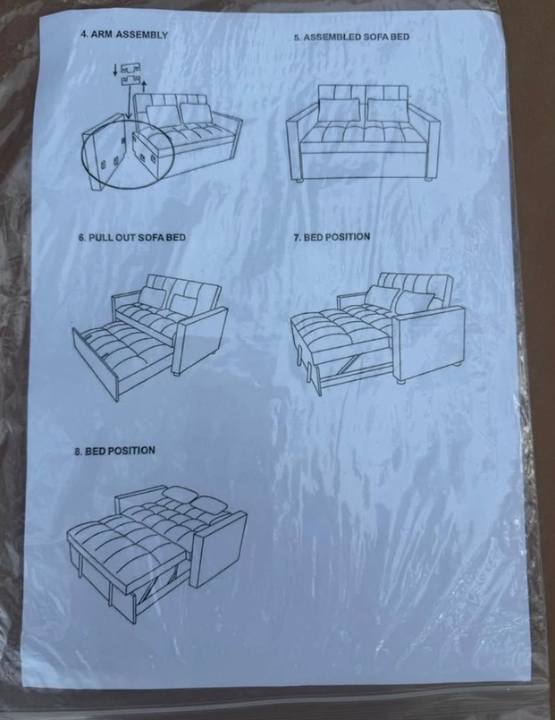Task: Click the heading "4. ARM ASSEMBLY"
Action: click(x=124, y=35)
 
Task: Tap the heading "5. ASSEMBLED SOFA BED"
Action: click(x=351, y=37)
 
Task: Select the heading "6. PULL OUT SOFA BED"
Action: click(x=132, y=237)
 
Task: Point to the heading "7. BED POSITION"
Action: click(x=332, y=237)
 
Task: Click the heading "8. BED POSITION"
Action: click(x=115, y=451)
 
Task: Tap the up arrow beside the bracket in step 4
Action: click(x=145, y=86)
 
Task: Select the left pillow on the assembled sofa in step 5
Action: click(x=340, y=110)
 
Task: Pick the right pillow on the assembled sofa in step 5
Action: click(x=388, y=110)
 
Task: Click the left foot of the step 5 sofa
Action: click(x=299, y=181)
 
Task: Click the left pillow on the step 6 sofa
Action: click(x=152, y=297)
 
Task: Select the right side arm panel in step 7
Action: click(x=428, y=342)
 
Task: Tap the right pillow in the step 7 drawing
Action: click(x=414, y=302)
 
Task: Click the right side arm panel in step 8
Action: click(x=218, y=549)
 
